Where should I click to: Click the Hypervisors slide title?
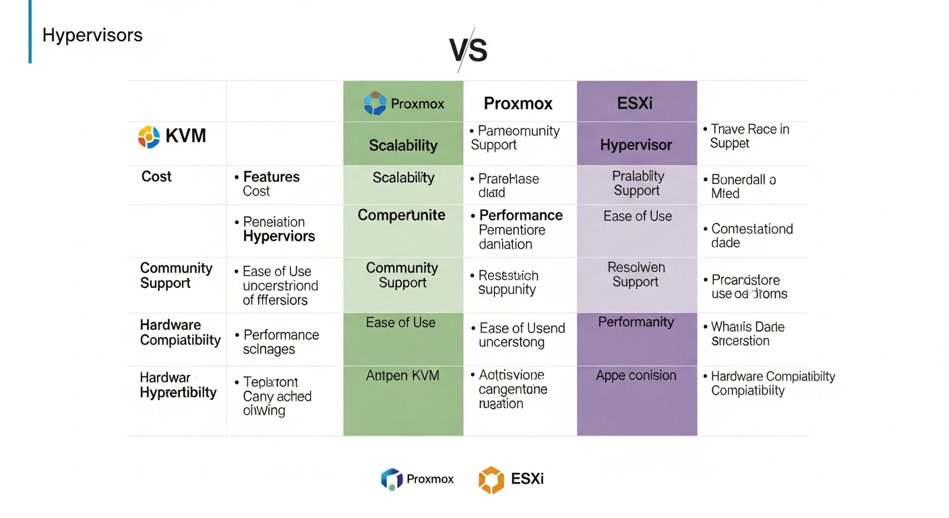pyautogui.click(x=92, y=35)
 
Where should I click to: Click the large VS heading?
pyautogui.click(x=468, y=50)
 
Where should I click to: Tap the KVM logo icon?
pyautogui.click(x=149, y=137)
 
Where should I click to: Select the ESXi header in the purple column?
pyautogui.click(x=635, y=103)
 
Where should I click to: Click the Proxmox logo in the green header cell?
pyautogui.click(x=375, y=103)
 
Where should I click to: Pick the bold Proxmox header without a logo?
pyautogui.click(x=518, y=103)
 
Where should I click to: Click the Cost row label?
pyautogui.click(x=156, y=177)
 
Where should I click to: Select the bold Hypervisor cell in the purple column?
pyautogui.click(x=636, y=145)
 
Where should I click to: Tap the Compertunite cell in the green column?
pyautogui.click(x=402, y=215)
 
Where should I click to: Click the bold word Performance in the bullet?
pyautogui.click(x=520, y=215)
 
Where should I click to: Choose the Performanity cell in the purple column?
pyautogui.click(x=636, y=322)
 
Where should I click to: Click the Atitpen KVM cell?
pyautogui.click(x=402, y=376)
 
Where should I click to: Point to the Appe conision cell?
pyautogui.click(x=636, y=376)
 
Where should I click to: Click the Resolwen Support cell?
pyautogui.click(x=636, y=275)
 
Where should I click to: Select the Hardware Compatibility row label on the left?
pyautogui.click(x=180, y=333)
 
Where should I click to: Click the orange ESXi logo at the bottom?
pyautogui.click(x=491, y=480)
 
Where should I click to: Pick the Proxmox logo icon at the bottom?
pyautogui.click(x=392, y=480)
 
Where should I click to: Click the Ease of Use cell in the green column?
pyautogui.click(x=401, y=323)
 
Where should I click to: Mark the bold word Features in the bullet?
pyautogui.click(x=271, y=177)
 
